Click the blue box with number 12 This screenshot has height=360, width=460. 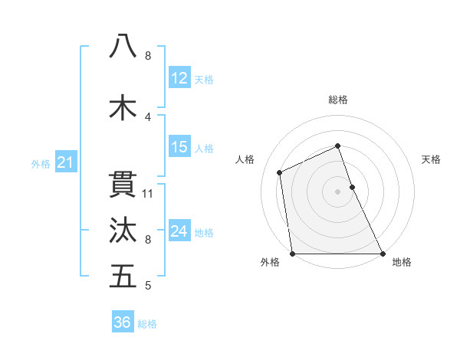(179, 79)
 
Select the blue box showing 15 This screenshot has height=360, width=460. (179, 147)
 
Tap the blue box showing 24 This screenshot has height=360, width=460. (179, 231)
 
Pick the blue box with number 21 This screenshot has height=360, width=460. (65, 162)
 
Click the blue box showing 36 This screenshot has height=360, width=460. (123, 322)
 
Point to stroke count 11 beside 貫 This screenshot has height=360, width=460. (149, 193)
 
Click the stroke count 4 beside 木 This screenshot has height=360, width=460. (148, 117)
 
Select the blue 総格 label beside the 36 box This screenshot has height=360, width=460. (147, 324)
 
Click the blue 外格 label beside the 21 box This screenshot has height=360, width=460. (40, 164)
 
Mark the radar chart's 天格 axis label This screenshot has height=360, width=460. (431, 159)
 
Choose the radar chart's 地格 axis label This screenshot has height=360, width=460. (402, 262)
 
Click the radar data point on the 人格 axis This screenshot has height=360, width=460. (280, 172)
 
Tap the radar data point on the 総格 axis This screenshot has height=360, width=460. (337, 146)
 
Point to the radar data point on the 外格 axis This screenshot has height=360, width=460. (292, 254)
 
